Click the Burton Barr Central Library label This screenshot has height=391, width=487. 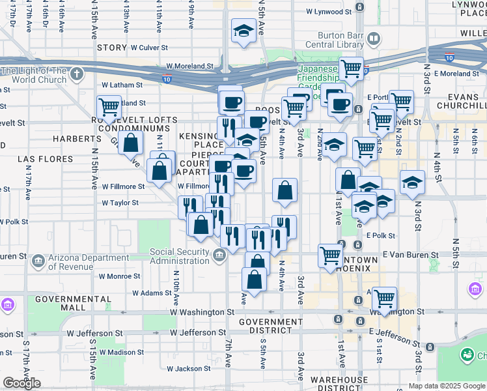click(340, 40)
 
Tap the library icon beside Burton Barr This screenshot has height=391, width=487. click(374, 39)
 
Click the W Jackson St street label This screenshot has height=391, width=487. click(188, 369)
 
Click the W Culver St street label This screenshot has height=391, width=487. click(149, 48)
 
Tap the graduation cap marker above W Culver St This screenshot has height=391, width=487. click(244, 31)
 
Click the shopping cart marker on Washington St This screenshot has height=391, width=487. click(385, 300)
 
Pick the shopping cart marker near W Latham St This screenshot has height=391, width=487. click(109, 108)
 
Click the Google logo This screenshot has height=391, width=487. click(22, 383)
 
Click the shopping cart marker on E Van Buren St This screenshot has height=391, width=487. click(331, 256)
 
